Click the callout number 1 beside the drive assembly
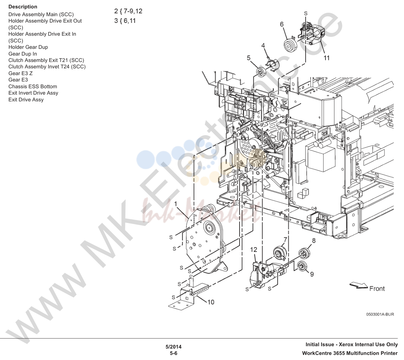point(176,204)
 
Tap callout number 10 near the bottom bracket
point(211,302)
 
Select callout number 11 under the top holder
point(327,58)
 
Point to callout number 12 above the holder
point(253,250)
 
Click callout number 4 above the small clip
point(263,45)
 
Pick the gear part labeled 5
point(261,72)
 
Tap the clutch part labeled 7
point(279,253)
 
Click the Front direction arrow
point(359,285)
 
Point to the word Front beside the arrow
point(377,289)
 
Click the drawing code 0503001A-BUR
point(380,314)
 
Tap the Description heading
point(23,7)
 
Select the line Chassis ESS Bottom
point(33,87)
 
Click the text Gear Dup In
point(23,54)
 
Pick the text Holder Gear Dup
point(28,47)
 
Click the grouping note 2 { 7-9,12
point(128,11)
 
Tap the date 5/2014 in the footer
point(174,347)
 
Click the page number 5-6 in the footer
point(174,353)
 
